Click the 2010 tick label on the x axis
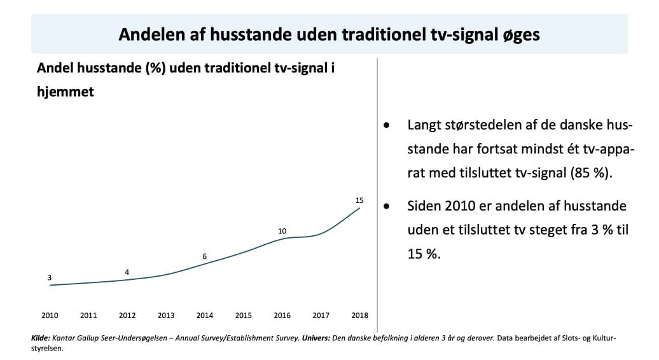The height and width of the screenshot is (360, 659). [x=50, y=315]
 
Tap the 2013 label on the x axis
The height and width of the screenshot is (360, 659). [x=166, y=315]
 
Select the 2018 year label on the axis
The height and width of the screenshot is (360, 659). [x=359, y=315]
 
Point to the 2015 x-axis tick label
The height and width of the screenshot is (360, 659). [x=243, y=315]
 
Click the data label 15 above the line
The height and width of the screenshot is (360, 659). [x=359, y=200]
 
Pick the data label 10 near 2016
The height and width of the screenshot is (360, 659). [x=282, y=231]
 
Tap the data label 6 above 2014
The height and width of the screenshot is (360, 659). [x=205, y=256]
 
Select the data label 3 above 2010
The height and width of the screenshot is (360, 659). [x=50, y=277]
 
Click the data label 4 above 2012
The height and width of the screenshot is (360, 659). [x=127, y=272]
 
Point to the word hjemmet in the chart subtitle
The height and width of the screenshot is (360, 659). [x=66, y=92]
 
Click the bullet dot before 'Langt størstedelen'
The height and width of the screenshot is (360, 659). [x=386, y=125]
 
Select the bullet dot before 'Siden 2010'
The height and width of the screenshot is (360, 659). [x=386, y=207]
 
